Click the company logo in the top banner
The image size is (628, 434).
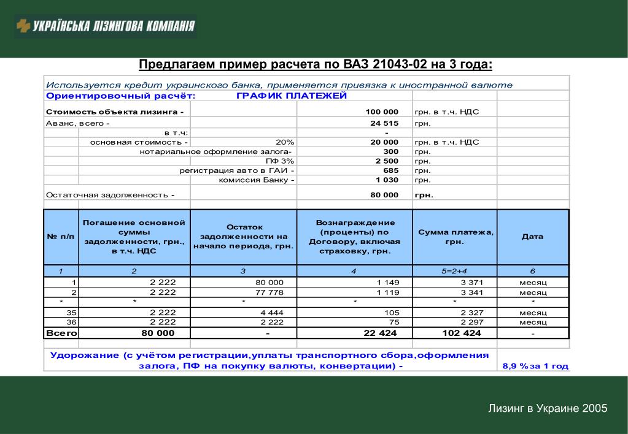click(x=105, y=26)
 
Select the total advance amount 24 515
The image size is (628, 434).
click(x=384, y=123)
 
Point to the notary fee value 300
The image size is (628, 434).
click(x=390, y=151)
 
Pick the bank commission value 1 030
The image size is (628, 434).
click(x=387, y=180)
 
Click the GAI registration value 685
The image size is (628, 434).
click(x=390, y=170)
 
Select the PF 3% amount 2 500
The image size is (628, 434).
click(x=387, y=161)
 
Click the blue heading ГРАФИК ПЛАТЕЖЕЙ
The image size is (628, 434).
click(x=292, y=96)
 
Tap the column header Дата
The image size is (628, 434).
click(x=532, y=237)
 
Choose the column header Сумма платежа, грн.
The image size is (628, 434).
click(x=455, y=237)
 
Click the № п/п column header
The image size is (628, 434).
click(x=61, y=237)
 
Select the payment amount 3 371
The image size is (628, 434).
click(x=472, y=282)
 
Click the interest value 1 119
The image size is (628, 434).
click(x=387, y=292)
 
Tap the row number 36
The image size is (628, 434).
click(x=71, y=322)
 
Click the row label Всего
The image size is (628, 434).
click(x=61, y=333)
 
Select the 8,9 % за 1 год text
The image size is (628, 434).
click(x=535, y=366)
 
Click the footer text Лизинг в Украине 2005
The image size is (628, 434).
click(x=548, y=408)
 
